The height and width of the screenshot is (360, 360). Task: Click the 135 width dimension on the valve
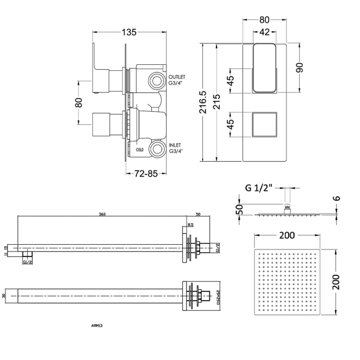click(x=128, y=32)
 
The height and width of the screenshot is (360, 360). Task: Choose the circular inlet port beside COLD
click(x=160, y=148)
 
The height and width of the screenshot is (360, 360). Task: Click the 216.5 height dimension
click(x=203, y=102)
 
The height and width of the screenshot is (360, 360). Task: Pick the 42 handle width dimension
click(x=264, y=32)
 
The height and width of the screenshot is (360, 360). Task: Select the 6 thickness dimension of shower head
click(x=337, y=198)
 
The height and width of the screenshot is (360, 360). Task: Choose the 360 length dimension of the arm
click(x=102, y=213)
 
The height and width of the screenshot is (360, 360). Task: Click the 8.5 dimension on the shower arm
click(x=191, y=225)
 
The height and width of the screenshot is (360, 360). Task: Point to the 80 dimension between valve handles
click(x=79, y=102)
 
